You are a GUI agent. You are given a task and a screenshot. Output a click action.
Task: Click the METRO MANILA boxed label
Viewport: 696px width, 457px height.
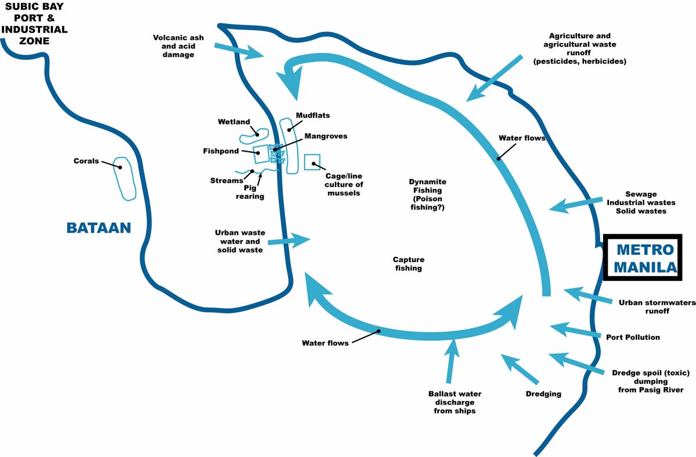[645, 258]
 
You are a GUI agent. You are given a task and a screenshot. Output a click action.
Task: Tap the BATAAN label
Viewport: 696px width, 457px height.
[99, 227]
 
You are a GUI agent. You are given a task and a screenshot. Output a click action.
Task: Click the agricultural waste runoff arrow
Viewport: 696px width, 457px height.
[493, 78]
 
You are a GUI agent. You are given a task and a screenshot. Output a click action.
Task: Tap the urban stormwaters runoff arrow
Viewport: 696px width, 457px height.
[587, 295]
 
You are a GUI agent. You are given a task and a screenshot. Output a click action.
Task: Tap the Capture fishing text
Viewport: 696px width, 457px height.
[408, 264]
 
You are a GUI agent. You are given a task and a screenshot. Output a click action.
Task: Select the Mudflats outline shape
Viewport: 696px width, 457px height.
[289, 145]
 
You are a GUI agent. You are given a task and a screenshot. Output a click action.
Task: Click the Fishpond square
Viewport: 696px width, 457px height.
[261, 155]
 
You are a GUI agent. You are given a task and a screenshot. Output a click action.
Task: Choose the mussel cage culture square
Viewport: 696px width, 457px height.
[312, 162]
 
